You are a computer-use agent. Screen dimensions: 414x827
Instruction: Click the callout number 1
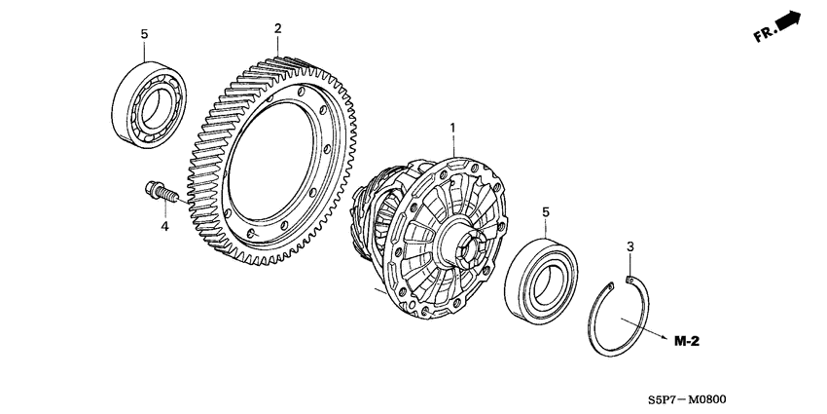[451, 128]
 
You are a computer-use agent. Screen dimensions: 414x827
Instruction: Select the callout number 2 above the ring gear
[277, 29]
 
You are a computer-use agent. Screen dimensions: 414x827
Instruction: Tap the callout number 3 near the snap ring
[630, 248]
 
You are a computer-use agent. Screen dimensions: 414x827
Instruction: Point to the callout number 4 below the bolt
[164, 227]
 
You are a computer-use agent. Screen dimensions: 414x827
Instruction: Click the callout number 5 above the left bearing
[144, 34]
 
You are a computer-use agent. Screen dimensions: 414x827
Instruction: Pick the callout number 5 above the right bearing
[546, 210]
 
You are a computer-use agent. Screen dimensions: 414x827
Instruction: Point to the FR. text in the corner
[766, 36]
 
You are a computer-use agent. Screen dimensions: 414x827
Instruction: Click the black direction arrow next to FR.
[791, 21]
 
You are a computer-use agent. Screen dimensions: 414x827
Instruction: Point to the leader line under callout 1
[451, 145]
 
